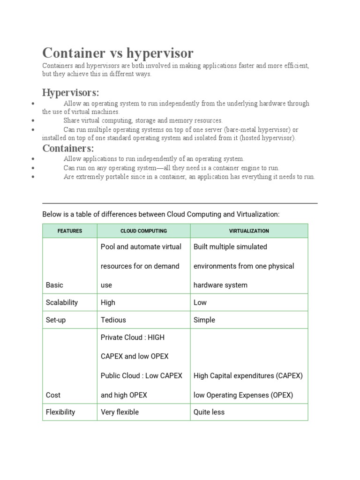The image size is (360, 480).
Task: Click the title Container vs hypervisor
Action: pos(118,53)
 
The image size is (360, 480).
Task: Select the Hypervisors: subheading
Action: pos(70,92)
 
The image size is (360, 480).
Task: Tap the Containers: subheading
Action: pos(68,149)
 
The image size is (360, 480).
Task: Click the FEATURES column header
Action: pos(70,231)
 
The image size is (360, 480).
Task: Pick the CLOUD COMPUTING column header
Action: pos(143,231)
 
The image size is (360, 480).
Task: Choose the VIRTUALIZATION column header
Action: pos(249,231)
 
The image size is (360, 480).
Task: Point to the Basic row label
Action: pos(54,285)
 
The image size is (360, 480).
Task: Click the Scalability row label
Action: pos(62,302)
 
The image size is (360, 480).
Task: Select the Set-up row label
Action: pos(56,320)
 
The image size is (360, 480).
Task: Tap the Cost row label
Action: pos(53,395)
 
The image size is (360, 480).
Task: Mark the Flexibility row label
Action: pos(60,412)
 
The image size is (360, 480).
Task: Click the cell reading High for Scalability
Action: pos(108,302)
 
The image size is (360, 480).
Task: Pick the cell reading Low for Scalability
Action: pos(200,302)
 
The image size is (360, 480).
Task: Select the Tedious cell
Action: pos(113,320)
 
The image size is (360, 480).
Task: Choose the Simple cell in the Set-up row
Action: pos(204,320)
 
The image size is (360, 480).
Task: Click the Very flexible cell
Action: pos(120,412)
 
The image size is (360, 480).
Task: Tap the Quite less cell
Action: pos(209,412)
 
